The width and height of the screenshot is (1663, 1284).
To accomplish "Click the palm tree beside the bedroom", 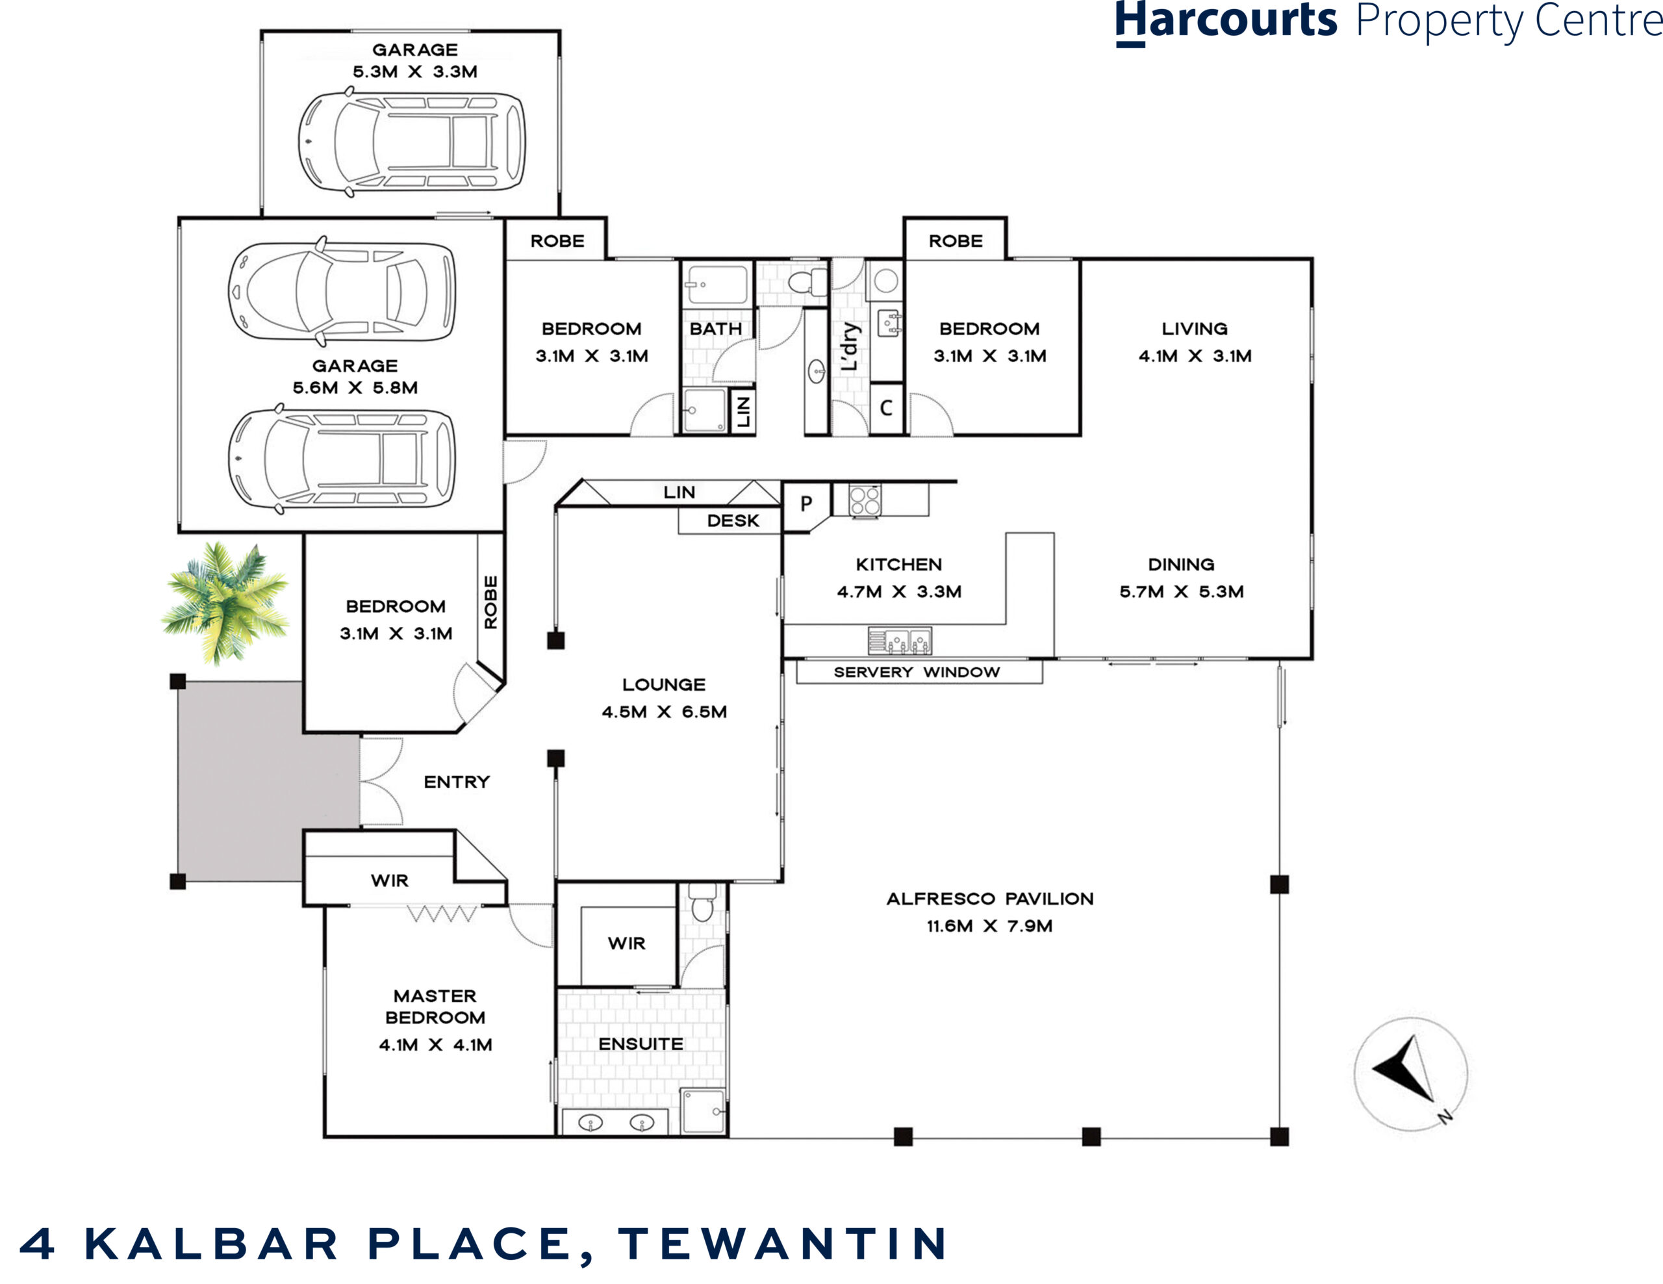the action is (226, 602).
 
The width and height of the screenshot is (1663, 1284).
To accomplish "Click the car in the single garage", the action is (412, 142).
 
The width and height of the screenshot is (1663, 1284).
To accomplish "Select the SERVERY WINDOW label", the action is (917, 672).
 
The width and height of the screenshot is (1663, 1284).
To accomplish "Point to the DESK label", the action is (733, 521).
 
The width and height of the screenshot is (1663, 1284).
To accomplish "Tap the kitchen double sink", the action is (899, 641).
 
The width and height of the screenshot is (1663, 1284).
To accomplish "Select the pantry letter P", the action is (806, 504).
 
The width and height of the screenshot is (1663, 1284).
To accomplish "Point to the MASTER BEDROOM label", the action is (435, 1007).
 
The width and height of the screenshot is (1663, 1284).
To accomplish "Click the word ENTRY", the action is (456, 782).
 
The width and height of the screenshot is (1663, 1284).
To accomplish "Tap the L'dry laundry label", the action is (850, 346).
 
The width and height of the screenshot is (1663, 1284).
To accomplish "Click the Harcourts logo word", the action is (1225, 21).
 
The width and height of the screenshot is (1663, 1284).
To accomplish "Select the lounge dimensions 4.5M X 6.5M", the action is (664, 712).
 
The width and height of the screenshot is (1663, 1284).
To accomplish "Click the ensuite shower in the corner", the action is (704, 1112).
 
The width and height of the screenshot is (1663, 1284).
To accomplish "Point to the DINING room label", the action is (1181, 564).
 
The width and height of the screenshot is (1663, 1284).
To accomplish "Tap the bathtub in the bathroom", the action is (717, 285).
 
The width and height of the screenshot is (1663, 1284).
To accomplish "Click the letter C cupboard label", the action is (885, 408).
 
